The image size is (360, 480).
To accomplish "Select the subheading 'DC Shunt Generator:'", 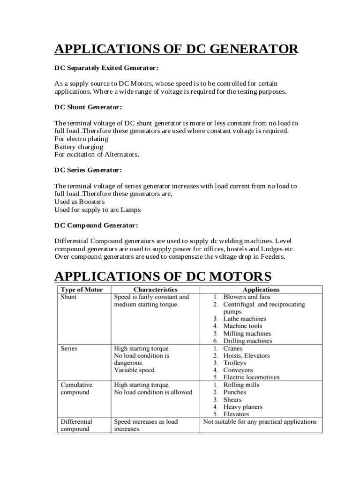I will [88, 107].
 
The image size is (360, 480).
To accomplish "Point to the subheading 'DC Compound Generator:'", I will [96, 225].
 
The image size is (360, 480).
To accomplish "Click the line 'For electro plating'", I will [81, 139].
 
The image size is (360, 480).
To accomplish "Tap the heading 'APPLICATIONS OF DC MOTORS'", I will [163, 275].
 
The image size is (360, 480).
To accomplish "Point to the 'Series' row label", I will [69, 349].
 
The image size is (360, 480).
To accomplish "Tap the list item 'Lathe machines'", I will [244, 318].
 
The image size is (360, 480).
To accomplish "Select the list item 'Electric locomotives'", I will [251, 377].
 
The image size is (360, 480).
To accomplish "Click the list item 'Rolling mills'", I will [241, 385].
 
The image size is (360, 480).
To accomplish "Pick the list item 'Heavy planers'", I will [243, 407].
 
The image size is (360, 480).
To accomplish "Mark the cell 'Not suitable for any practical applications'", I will [259, 422].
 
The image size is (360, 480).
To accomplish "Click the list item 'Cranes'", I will [233, 349].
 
